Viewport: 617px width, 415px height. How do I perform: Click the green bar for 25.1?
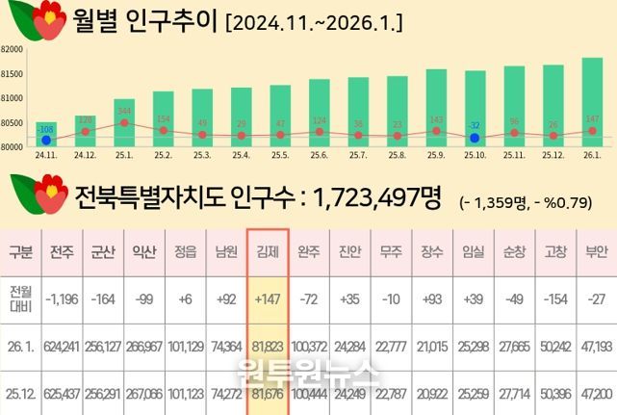coord(124,122)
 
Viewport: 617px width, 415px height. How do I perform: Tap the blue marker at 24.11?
coord(46,141)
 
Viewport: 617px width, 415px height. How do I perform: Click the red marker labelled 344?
coord(124,122)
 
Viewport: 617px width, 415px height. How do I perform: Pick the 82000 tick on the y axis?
coord(13,49)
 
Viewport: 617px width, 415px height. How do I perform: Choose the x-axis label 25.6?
coord(319,154)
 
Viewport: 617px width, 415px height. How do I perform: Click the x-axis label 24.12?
coord(85,154)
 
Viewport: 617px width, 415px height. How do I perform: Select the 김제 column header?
coord(268,252)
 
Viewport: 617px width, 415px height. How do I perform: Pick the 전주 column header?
coord(62,252)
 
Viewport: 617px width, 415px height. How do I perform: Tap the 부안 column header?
coord(596,252)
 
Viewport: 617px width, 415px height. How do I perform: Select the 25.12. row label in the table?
coord(19,394)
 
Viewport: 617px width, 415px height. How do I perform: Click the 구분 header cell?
coord(19,252)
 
